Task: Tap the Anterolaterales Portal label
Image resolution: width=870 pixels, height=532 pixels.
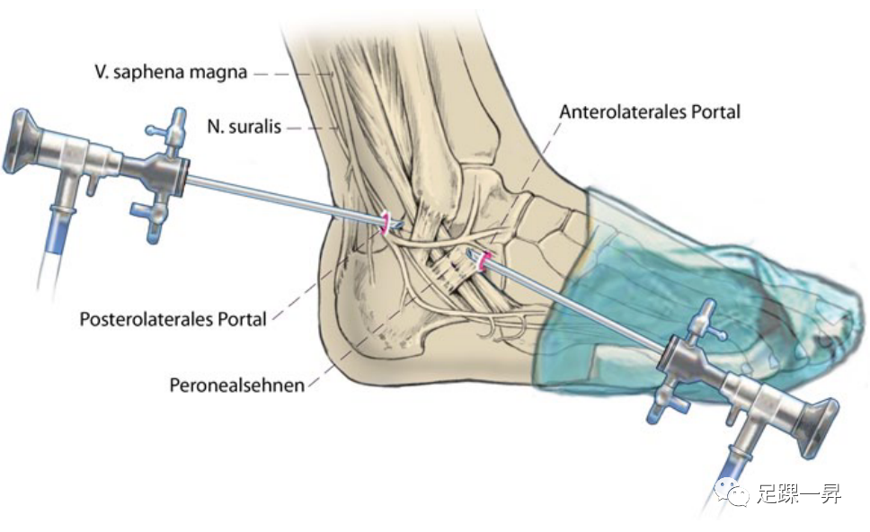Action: coord(649,112)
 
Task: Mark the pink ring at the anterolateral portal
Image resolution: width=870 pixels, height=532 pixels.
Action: coord(485,262)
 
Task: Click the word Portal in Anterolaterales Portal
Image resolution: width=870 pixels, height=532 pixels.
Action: coord(715,112)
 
